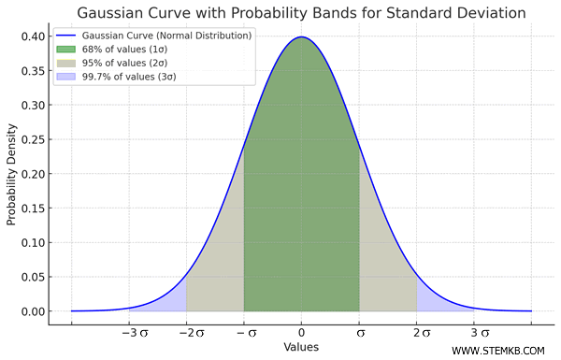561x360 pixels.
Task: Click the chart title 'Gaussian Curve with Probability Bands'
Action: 301,13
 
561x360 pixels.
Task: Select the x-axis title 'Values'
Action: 301,347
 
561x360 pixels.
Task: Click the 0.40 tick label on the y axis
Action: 32,36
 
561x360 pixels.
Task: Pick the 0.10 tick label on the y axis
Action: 32,242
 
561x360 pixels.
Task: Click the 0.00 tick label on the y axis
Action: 32,311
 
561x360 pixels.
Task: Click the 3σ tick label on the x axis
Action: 478,332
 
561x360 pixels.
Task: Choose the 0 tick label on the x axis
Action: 301,332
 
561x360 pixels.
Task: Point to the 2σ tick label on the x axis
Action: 420,332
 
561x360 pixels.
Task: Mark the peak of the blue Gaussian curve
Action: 301,37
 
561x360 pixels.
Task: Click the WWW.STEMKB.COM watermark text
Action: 498,351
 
